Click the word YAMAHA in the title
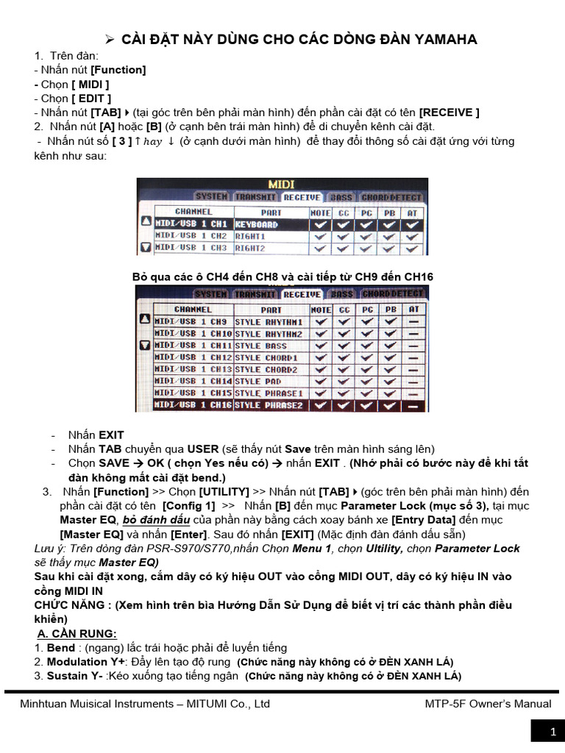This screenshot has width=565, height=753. click(443, 39)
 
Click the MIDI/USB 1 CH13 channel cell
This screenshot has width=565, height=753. click(193, 369)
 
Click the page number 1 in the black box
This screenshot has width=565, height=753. click(552, 732)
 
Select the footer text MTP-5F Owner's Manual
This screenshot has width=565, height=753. click(488, 704)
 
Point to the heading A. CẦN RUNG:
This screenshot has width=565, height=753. click(77, 634)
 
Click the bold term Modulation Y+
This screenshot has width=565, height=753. click(77, 662)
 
